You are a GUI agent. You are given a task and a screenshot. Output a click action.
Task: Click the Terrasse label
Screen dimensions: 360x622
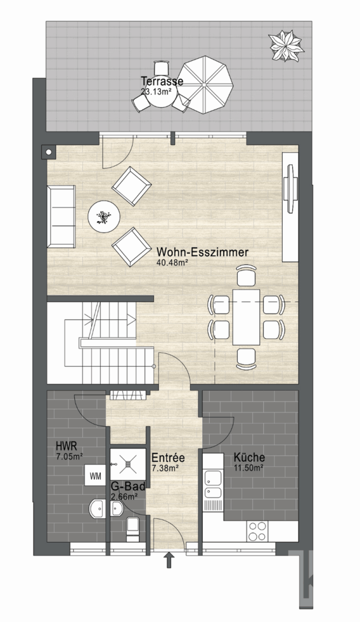pyautogui.click(x=162, y=81)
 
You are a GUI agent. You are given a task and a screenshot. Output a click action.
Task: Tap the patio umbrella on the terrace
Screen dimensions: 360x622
pyautogui.click(x=204, y=85)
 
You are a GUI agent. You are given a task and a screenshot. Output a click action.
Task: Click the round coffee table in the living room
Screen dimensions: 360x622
pyautogui.click(x=104, y=217)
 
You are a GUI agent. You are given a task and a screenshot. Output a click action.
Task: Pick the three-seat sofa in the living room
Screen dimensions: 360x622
pyautogui.click(x=61, y=216)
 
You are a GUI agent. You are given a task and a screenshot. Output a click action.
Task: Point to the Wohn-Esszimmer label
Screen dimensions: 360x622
pyautogui.click(x=202, y=252)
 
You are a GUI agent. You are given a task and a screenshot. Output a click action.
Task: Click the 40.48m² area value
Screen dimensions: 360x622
pyautogui.click(x=173, y=262)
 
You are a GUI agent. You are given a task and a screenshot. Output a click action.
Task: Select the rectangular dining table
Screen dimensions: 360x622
pyautogui.click(x=246, y=317)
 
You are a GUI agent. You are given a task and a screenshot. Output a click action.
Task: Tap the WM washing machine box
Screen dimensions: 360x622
pyautogui.click(x=95, y=476)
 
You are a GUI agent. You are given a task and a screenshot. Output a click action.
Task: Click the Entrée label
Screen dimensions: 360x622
pyautogui.click(x=168, y=457)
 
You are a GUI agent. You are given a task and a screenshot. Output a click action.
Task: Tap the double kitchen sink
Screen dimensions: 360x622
pyautogui.click(x=213, y=486)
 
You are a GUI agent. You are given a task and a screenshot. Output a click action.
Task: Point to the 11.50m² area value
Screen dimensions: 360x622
pyautogui.click(x=249, y=467)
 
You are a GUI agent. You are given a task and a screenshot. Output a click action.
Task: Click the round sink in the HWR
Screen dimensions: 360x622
pyautogui.click(x=97, y=509)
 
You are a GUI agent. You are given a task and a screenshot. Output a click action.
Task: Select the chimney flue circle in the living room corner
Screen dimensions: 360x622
pyautogui.click(x=48, y=151)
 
